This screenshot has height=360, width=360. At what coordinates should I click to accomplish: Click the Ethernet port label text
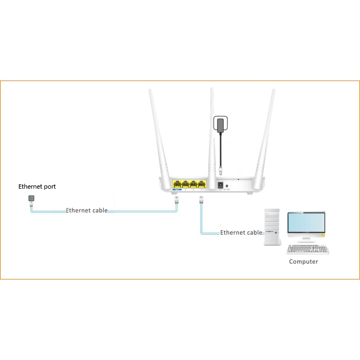[37, 186]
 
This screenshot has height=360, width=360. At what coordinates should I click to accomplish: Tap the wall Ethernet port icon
[31, 200]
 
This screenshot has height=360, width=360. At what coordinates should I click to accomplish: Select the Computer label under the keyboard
[303, 262]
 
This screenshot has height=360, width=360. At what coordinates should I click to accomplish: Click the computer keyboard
[308, 249]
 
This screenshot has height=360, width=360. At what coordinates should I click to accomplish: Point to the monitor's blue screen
[306, 222]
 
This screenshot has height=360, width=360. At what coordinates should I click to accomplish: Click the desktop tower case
[273, 228]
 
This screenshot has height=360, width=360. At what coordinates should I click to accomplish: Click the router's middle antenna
[212, 130]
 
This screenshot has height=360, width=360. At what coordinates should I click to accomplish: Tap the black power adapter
[220, 124]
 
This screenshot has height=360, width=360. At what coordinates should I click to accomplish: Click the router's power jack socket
[221, 185]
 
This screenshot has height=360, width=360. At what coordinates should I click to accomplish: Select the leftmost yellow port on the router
[177, 184]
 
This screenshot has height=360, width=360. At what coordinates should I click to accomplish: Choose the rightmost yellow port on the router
[202, 184]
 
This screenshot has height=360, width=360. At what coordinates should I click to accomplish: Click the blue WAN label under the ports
[177, 190]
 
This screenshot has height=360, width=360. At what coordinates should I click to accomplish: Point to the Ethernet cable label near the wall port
[86, 210]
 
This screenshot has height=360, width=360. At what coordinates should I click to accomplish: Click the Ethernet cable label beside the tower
[241, 232]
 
